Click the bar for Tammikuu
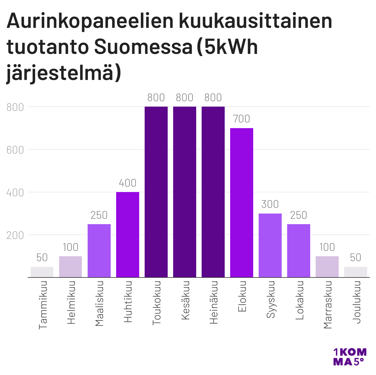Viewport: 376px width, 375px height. (42, 272)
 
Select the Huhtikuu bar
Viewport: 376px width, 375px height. (128, 234)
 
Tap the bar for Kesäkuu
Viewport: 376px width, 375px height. (185, 192)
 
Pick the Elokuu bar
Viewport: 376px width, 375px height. (242, 202)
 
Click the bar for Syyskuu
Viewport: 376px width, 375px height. (270, 245)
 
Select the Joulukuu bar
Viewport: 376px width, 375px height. (356, 272)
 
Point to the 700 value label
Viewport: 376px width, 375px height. (242, 119)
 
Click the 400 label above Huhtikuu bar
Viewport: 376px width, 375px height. (128, 183)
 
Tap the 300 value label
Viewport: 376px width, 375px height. (270, 204)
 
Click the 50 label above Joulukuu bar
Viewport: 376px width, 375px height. (356, 258)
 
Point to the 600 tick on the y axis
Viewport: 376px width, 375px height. (15, 150)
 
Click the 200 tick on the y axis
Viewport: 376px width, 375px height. (15, 235)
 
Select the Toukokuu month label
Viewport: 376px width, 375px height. (156, 303)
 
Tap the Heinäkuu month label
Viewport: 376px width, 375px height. (213, 303)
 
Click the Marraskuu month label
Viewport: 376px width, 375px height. (327, 305)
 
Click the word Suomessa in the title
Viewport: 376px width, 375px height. (143, 47)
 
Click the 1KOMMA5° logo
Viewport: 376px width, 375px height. (350, 357)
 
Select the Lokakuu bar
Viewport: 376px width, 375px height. (299, 251)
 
